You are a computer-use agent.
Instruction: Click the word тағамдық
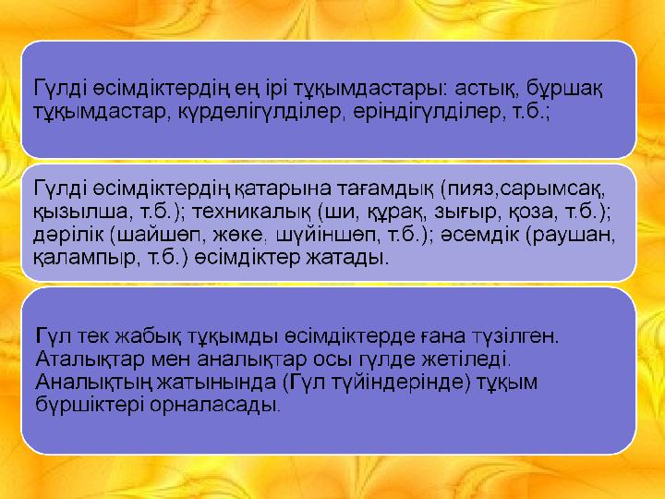[x=385, y=189]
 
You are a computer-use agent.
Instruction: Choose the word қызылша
[x=80, y=211]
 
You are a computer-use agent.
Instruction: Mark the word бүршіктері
[x=90, y=405]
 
